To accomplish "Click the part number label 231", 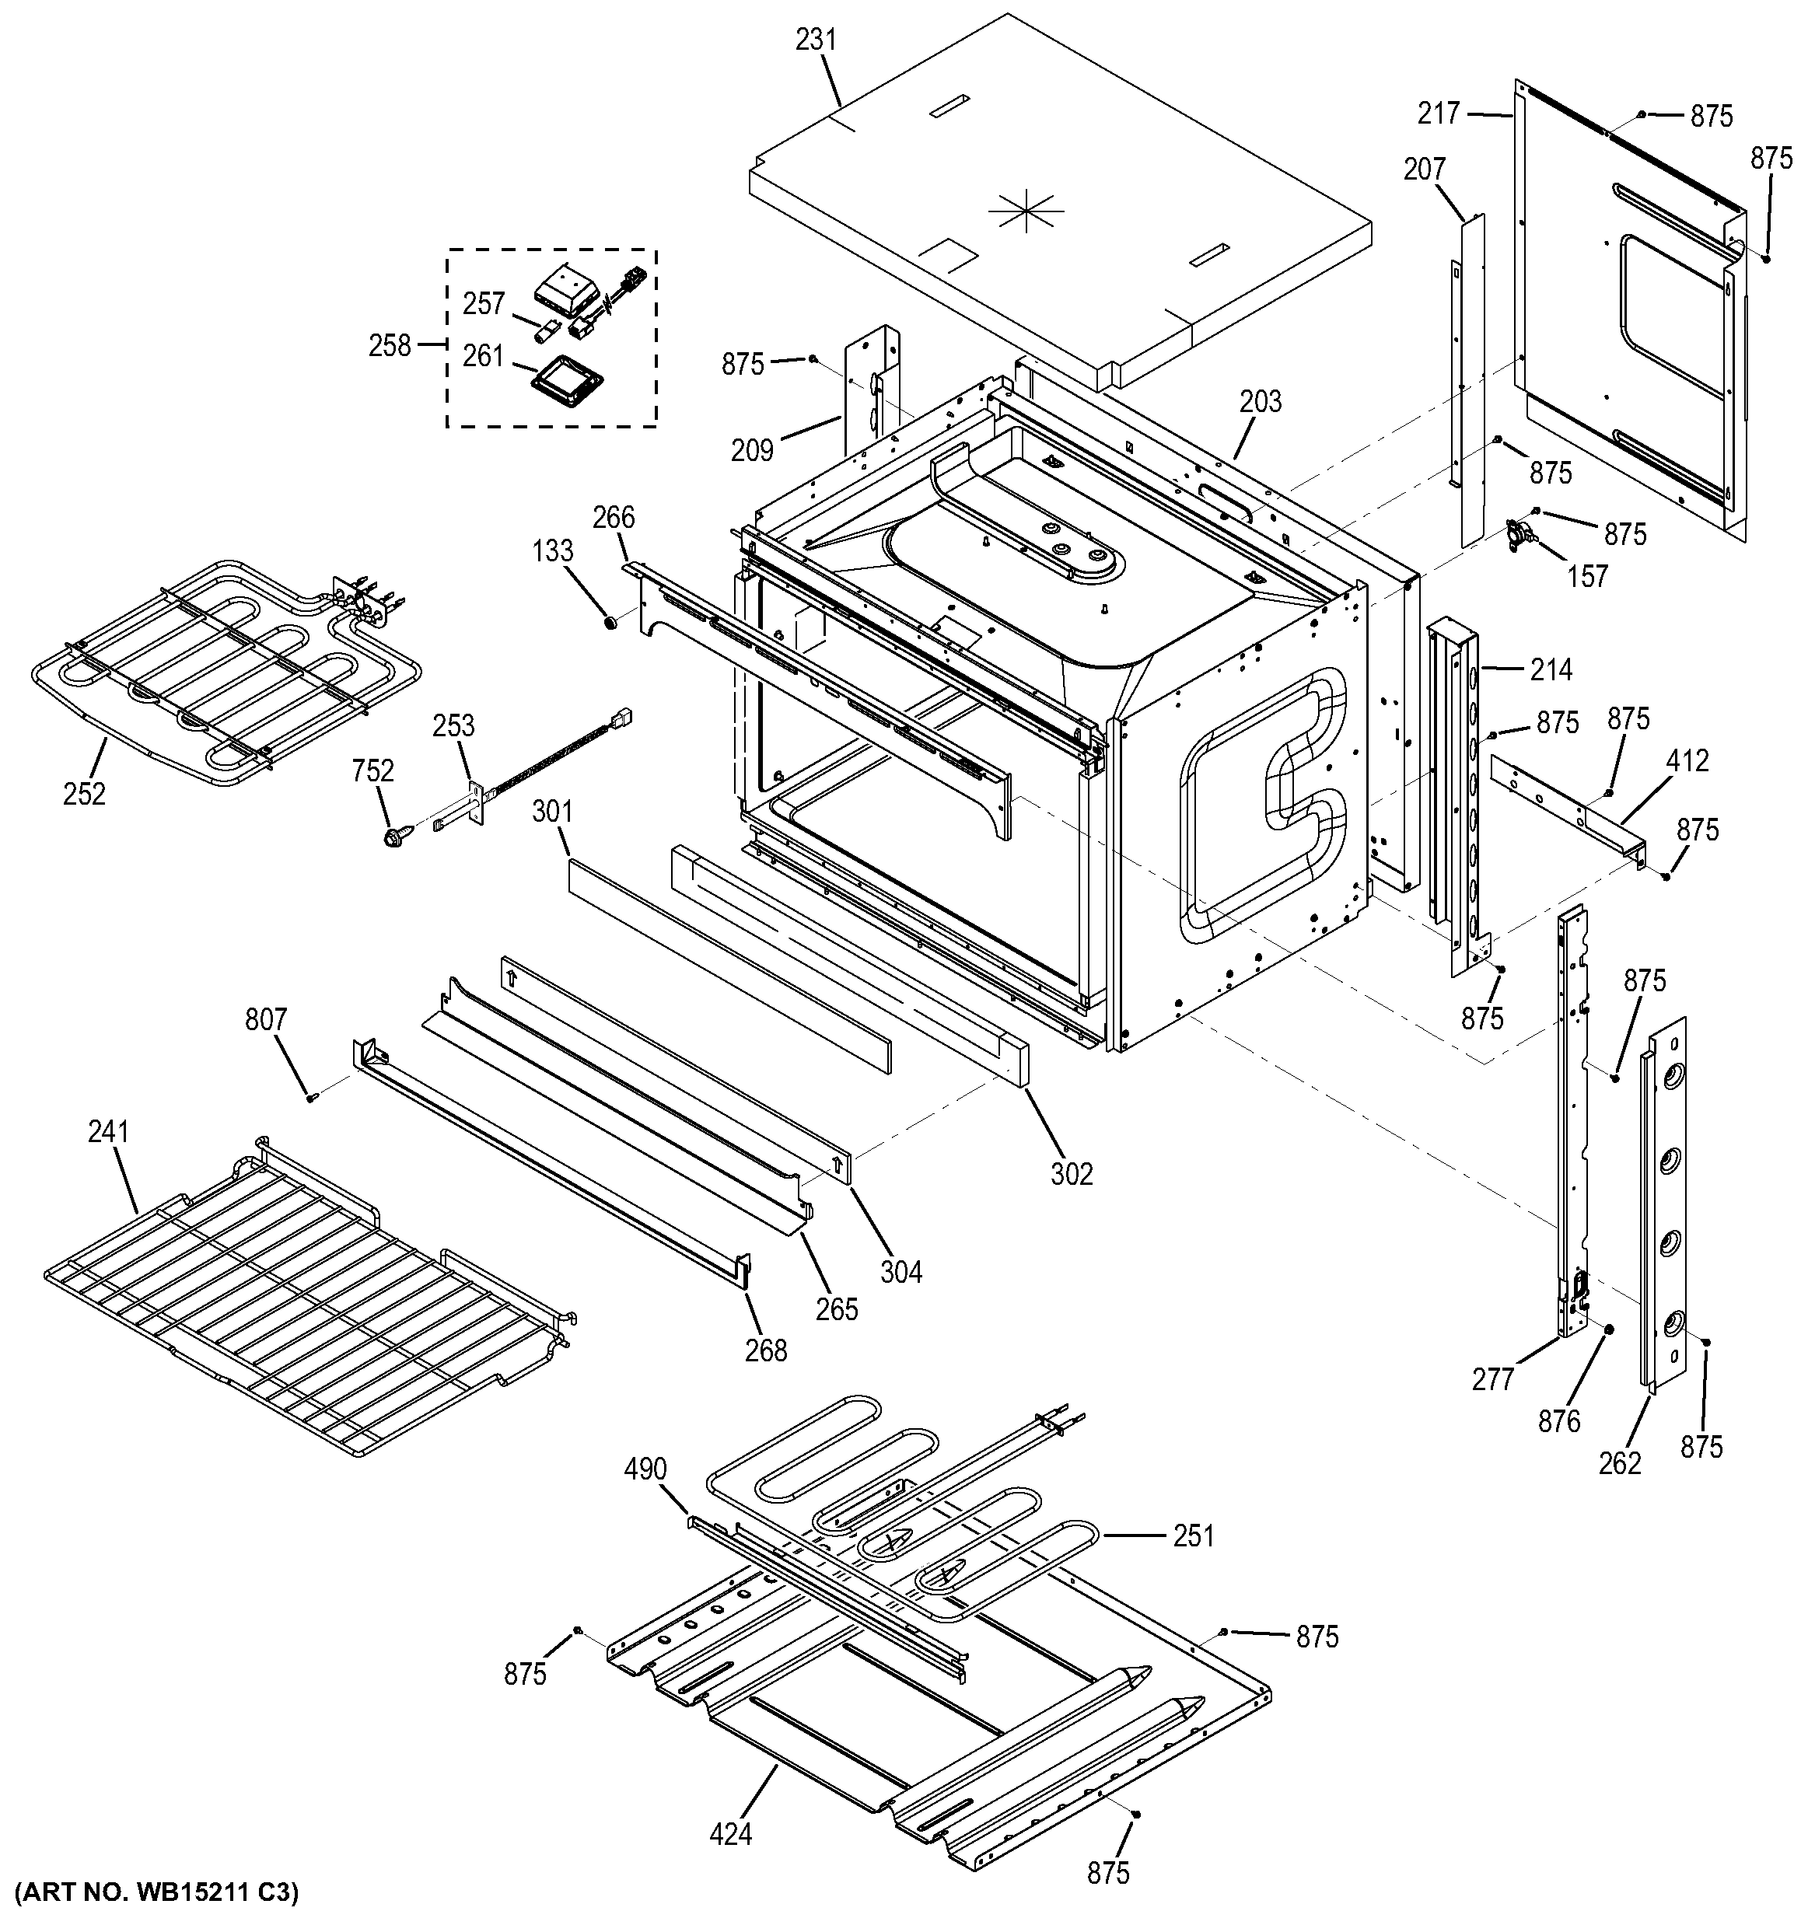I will (x=816, y=40).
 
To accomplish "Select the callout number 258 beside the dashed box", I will (x=390, y=346).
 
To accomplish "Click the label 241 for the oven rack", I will (x=108, y=1131).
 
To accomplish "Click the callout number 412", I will (x=1687, y=761).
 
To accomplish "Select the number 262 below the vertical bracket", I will (x=1619, y=1462).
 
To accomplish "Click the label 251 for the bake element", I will (x=1193, y=1535).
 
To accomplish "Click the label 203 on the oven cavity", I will (x=1260, y=401).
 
